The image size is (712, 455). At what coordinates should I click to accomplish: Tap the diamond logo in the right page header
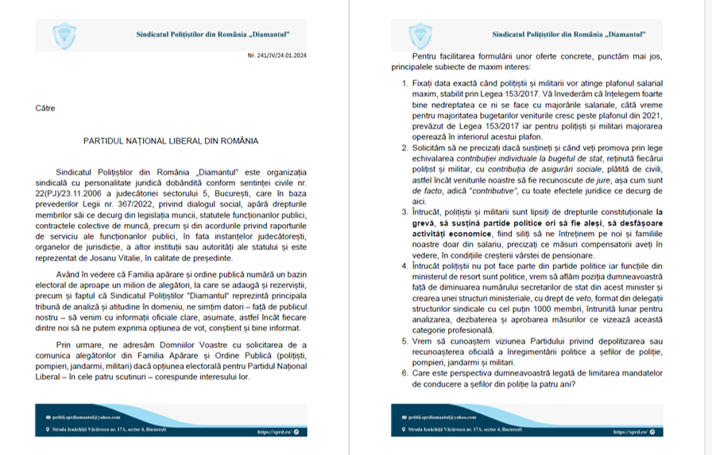pos(417,35)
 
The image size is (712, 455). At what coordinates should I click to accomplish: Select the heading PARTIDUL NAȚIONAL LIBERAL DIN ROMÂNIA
pos(171,141)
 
